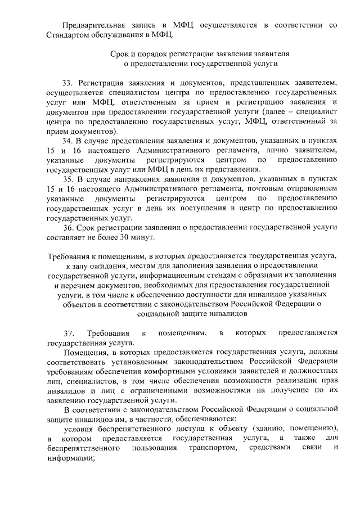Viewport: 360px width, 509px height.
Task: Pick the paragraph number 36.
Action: [68, 227]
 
